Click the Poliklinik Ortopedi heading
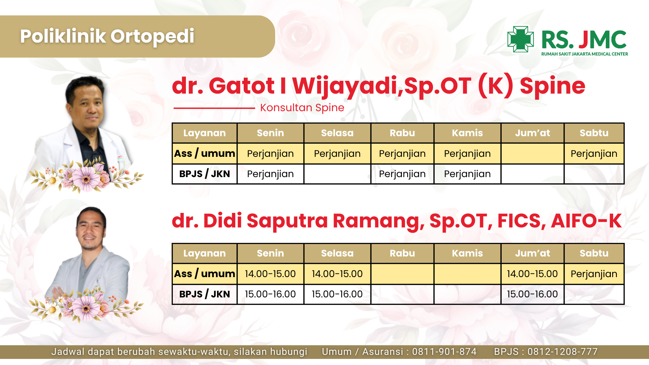coord(107,36)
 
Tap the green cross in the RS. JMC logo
coord(521,39)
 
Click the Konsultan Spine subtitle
coord(302,107)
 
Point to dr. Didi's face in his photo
coord(90,232)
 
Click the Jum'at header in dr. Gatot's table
coord(532,133)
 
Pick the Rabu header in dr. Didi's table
coord(402,253)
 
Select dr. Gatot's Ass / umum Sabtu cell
coord(594,153)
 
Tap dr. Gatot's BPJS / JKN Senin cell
coord(270,174)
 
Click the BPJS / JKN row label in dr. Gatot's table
coord(205,174)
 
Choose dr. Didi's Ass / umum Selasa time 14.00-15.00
coord(337,274)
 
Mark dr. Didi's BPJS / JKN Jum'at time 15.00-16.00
coord(532,294)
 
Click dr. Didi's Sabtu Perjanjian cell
coord(594,274)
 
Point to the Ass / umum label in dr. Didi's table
coord(205,274)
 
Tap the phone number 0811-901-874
coord(444,352)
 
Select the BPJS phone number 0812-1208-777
coord(562,352)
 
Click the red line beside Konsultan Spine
coord(214,108)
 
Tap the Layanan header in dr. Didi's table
coord(205,253)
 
